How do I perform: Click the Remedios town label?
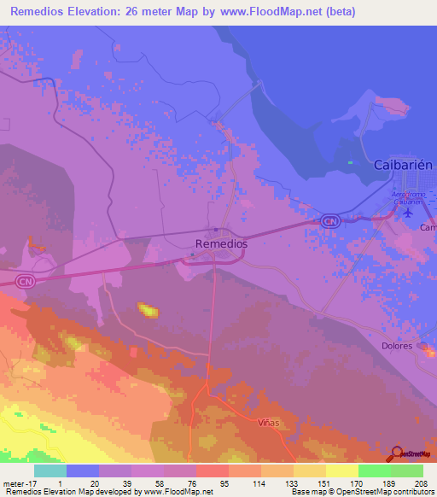pos(221,244)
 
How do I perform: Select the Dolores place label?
pos(396,346)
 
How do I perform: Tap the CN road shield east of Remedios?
pos(329,221)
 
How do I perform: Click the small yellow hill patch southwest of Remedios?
pos(149,310)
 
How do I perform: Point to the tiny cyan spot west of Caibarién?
pos(350,162)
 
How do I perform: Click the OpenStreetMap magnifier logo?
pos(398,454)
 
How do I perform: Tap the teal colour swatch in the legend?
pos(50,471)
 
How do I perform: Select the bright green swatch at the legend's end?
pos(407,471)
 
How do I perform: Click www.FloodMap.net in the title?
pos(272,12)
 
